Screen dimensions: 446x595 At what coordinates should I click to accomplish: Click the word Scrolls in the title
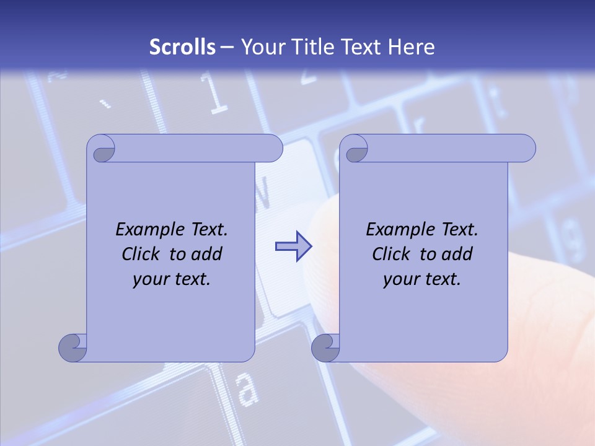[183, 47]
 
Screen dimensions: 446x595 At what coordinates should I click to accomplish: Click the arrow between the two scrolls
[293, 247]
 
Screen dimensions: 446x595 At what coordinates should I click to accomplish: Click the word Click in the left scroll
[143, 254]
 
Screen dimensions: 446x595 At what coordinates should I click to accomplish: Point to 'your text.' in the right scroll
[422, 279]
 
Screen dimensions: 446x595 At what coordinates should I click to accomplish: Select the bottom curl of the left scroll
[73, 348]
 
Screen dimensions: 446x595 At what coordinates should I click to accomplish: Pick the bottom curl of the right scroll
[325, 348]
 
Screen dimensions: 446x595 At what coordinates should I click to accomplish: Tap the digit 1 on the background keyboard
[216, 96]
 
